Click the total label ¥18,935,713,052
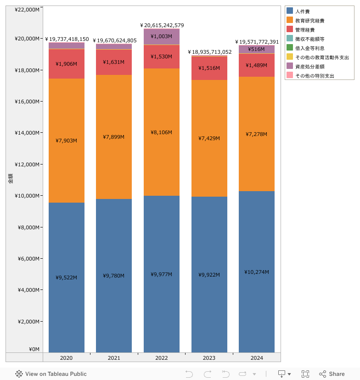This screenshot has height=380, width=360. click(209, 52)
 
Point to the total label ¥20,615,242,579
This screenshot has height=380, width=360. click(162, 25)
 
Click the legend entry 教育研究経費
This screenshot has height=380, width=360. click(309, 21)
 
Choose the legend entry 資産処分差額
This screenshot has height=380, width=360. click(309, 67)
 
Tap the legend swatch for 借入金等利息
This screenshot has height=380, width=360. click(290, 48)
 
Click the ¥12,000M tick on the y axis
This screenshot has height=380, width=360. click(27, 164)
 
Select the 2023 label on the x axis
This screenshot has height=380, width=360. click(209, 357)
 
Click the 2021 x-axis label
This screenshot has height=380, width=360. click(114, 357)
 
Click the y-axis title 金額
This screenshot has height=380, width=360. click(10, 179)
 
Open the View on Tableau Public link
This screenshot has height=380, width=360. click(51, 374)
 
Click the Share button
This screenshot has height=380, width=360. click(332, 374)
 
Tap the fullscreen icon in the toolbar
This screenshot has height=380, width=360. click(305, 374)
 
